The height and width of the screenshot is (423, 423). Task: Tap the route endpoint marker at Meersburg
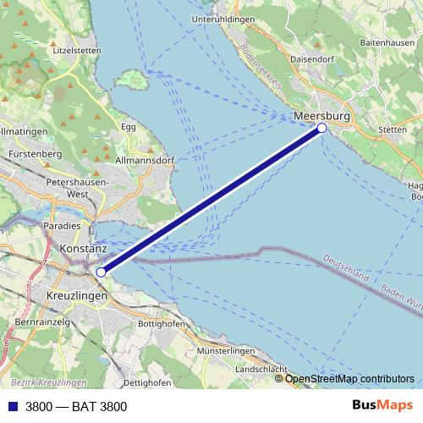[321, 128]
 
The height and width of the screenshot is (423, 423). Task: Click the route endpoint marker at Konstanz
[101, 272]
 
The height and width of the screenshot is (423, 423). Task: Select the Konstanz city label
[84, 250]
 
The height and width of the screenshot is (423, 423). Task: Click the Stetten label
[394, 130]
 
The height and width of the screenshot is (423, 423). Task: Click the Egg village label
[129, 127]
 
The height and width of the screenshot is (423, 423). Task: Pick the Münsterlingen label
[224, 350]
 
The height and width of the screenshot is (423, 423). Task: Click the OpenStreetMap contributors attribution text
[349, 378]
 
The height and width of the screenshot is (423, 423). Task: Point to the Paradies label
[63, 225]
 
